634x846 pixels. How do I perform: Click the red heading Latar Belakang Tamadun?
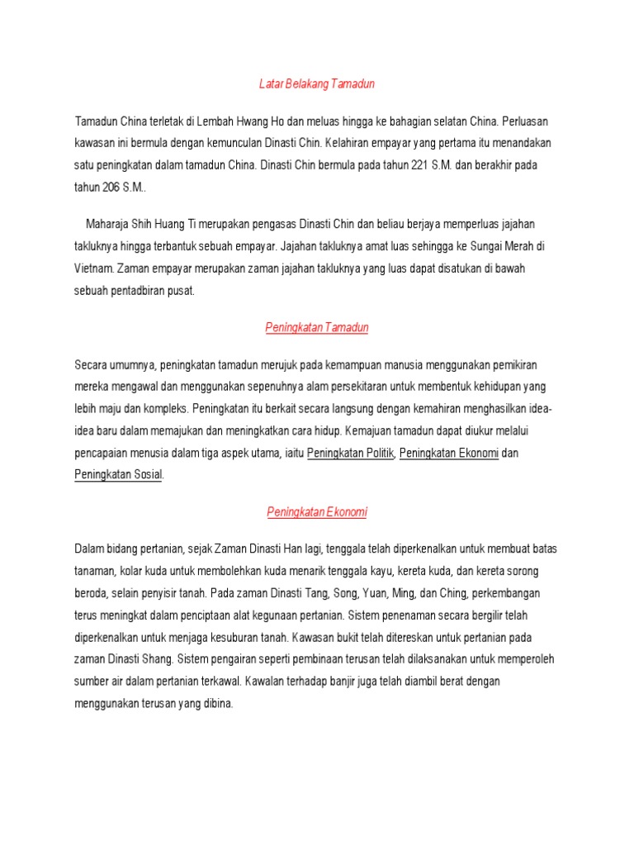(316, 84)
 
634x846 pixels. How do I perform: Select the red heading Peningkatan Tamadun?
(317, 328)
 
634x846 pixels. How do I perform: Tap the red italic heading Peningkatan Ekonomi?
(317, 512)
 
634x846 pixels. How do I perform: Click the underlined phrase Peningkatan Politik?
(351, 454)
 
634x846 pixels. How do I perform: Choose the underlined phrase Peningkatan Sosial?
(119, 475)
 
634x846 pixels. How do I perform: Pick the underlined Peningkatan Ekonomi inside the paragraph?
(449, 454)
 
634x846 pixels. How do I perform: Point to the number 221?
(420, 165)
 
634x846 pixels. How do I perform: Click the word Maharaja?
(108, 225)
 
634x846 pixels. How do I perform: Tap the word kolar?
(138, 572)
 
